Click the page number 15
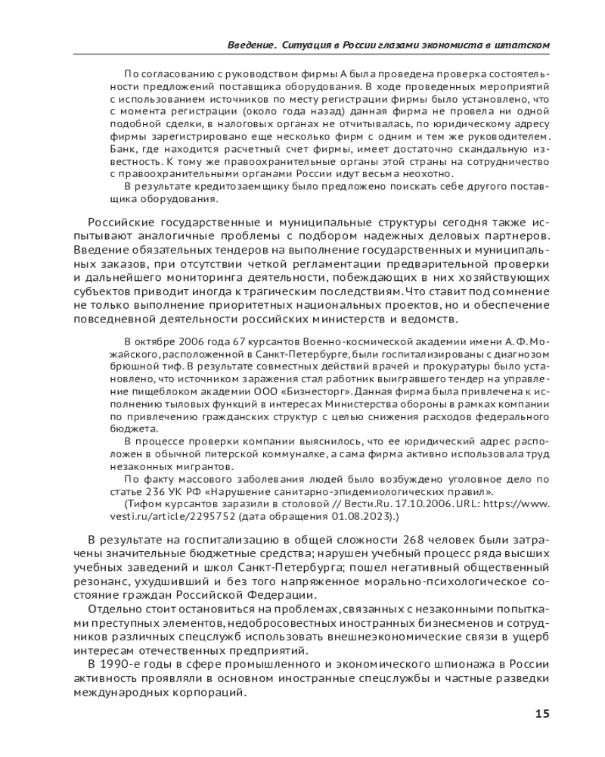[541, 714]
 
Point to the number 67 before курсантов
[216, 341]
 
